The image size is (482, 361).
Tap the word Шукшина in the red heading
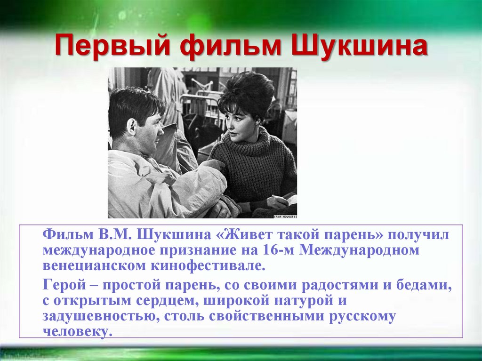pos(360,48)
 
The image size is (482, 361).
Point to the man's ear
pos(132,127)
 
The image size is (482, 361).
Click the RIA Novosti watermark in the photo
pos(284,215)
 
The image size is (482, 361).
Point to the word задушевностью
pos(100,316)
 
